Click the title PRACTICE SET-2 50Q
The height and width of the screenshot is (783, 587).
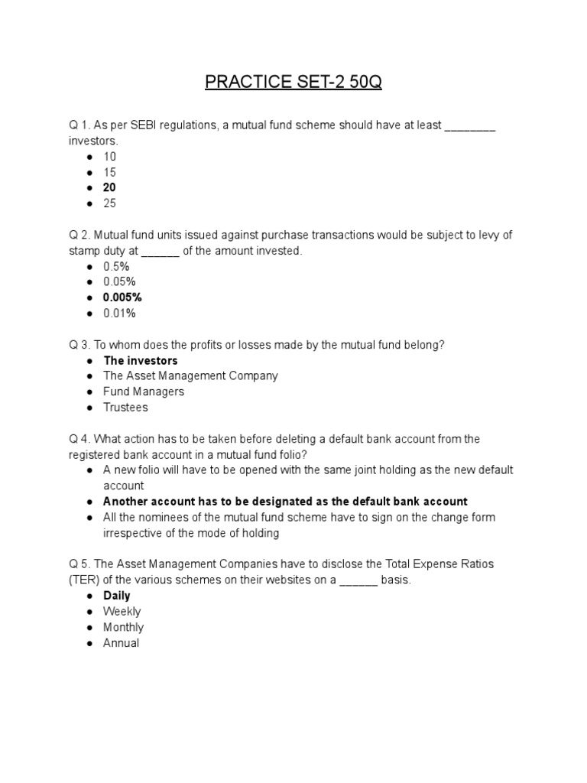click(x=293, y=82)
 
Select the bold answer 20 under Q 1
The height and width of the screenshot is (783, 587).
click(x=110, y=187)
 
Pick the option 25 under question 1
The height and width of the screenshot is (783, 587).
click(x=110, y=203)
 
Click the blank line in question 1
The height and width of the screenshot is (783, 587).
click(x=470, y=125)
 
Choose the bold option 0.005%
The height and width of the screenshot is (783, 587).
click(x=122, y=297)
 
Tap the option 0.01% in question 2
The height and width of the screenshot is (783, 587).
click(x=119, y=313)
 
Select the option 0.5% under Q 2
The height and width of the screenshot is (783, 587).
click(x=116, y=266)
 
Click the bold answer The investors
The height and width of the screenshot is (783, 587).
click(x=141, y=360)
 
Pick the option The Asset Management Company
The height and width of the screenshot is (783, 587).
click(x=190, y=375)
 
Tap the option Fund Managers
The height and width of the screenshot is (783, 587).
click(x=144, y=391)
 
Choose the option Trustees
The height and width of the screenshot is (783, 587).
click(x=125, y=408)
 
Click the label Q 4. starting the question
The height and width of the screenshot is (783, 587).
click(x=80, y=439)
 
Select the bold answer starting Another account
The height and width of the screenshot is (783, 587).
click(x=285, y=502)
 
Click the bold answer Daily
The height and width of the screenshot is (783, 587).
click(x=117, y=596)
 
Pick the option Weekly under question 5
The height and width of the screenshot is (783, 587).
click(x=122, y=611)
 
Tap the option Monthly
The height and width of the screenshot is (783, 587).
click(x=123, y=627)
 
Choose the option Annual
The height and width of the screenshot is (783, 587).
click(x=122, y=643)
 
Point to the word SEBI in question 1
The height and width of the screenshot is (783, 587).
click(x=136, y=125)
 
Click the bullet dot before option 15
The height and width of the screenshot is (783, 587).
click(x=90, y=173)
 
